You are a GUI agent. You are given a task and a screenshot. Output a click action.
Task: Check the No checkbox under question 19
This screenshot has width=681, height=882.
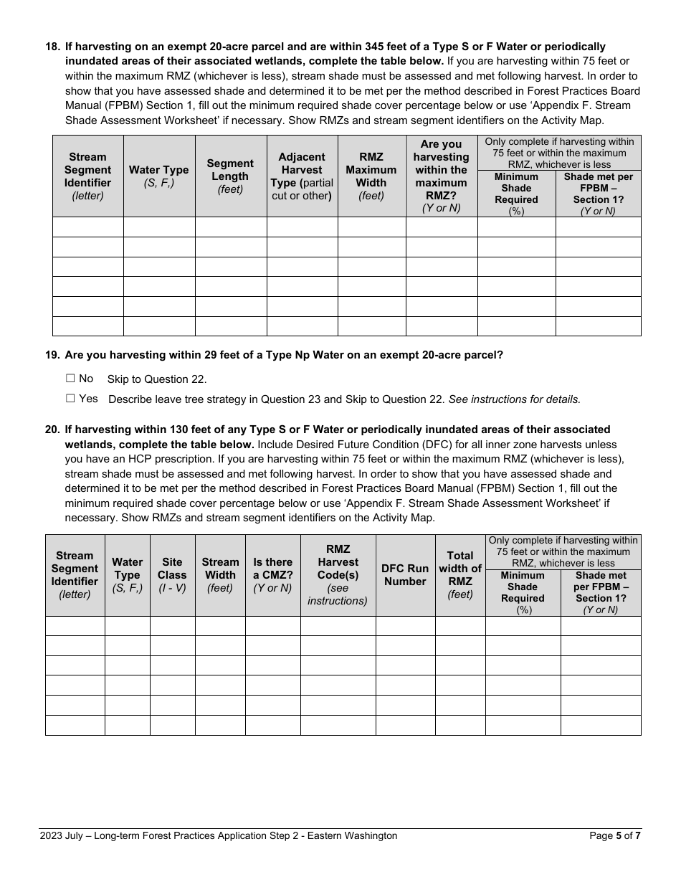click(x=70, y=379)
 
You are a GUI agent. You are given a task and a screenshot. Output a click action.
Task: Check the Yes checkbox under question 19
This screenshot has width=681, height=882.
click(x=70, y=399)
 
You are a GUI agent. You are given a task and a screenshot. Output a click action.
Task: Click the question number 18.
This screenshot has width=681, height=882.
click(x=52, y=47)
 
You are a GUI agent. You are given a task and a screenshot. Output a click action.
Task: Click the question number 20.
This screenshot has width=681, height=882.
click(x=52, y=430)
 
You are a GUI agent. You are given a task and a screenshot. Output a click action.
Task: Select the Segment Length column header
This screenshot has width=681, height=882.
click(x=230, y=176)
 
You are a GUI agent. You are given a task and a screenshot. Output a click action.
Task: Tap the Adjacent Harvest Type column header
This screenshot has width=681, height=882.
click(x=302, y=176)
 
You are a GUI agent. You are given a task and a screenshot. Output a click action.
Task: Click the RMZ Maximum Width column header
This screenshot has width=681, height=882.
click(x=371, y=176)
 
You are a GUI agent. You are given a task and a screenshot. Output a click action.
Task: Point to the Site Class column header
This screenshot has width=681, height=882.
click(x=172, y=575)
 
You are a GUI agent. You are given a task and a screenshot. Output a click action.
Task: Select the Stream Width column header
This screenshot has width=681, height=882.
click(x=220, y=575)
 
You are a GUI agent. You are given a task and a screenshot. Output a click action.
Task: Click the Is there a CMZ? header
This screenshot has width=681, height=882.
click(x=273, y=575)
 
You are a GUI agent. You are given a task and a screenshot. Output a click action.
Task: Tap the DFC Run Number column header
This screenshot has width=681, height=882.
click(x=405, y=575)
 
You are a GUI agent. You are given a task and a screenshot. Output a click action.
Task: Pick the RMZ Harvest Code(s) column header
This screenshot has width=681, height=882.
click(x=338, y=575)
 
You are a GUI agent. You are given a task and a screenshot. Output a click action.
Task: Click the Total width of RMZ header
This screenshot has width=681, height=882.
click(x=460, y=575)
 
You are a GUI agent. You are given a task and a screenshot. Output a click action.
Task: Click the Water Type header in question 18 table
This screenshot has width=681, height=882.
click(x=158, y=176)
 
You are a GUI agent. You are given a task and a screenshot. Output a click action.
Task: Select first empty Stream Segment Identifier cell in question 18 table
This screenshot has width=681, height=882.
click(x=87, y=227)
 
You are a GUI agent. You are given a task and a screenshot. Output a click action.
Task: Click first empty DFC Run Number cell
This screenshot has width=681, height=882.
click(x=405, y=626)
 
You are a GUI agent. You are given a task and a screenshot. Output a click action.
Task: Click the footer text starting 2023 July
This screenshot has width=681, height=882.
click(x=219, y=835)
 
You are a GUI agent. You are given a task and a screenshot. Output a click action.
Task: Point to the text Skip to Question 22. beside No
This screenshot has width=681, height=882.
click(x=157, y=379)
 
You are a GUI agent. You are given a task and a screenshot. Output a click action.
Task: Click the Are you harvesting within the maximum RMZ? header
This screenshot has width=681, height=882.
click(x=441, y=176)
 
